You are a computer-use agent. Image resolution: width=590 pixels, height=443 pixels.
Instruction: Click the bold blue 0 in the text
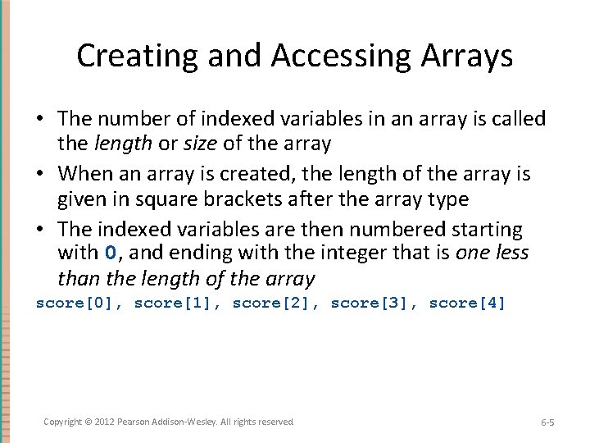(112, 252)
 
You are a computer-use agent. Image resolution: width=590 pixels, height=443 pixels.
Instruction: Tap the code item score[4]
(468, 304)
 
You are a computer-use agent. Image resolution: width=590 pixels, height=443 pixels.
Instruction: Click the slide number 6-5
(547, 422)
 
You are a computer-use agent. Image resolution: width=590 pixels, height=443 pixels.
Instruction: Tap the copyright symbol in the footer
(88, 422)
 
